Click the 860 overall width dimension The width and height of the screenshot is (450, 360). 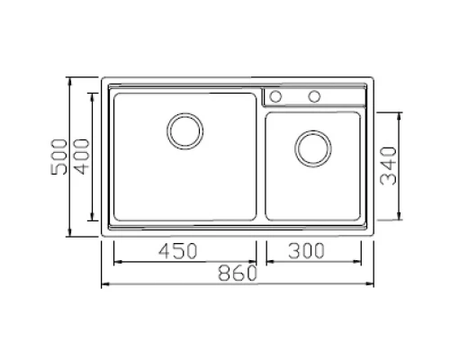(x=236, y=273)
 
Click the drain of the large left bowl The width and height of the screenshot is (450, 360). (x=184, y=130)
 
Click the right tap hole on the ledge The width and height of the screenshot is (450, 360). (x=315, y=96)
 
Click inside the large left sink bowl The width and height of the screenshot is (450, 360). (x=144, y=180)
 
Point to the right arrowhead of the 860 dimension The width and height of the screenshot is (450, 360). (x=372, y=285)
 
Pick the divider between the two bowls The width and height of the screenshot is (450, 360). (x=259, y=162)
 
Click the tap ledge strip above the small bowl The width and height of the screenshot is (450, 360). (x=342, y=96)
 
